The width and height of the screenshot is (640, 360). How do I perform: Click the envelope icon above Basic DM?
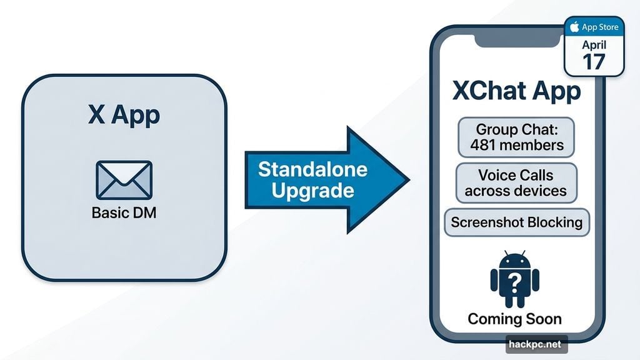pos(124,179)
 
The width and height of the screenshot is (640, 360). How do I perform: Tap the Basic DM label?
pos(124,212)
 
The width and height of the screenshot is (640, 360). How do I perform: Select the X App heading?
pos(124,115)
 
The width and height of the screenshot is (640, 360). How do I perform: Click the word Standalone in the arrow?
pos(312,169)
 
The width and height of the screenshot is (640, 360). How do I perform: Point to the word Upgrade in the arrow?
pos(312,189)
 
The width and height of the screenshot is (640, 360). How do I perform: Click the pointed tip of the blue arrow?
pos(407,179)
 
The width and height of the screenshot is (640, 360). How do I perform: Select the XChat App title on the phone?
pos(516,91)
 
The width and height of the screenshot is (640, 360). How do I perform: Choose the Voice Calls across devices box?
pos(516,182)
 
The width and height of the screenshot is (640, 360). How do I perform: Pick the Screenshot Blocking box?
pos(516,222)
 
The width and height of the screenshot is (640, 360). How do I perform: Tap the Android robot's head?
pos(515,261)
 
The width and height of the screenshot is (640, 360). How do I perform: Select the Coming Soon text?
pos(515,319)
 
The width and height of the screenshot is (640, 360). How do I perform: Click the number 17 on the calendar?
pos(594,61)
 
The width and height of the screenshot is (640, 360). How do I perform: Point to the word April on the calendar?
pos(594,45)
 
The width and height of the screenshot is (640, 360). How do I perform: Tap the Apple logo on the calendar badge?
pos(574,27)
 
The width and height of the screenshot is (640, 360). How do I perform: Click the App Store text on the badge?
pos(601,27)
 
